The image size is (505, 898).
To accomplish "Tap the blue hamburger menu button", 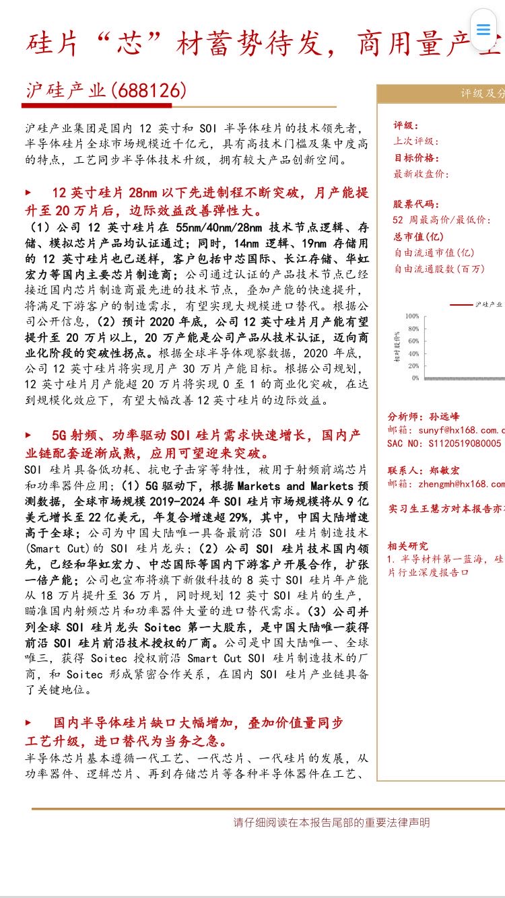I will click(x=483, y=30).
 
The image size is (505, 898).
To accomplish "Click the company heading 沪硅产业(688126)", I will click(x=106, y=91).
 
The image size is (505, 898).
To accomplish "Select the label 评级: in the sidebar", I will click(x=406, y=125).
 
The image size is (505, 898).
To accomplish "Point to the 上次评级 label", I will click(x=416, y=141).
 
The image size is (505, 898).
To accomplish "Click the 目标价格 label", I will click(x=416, y=158).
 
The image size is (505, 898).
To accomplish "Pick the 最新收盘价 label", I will click(x=421, y=174).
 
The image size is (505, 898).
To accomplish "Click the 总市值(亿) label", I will click(x=419, y=236).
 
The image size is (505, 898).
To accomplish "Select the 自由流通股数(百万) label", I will click(x=439, y=269).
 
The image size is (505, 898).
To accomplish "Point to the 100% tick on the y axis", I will click(x=412, y=316).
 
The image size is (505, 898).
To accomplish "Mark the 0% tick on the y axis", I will click(x=415, y=378).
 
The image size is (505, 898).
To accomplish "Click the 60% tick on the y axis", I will click(x=413, y=341).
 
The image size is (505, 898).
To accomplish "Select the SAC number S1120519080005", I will click(x=444, y=444).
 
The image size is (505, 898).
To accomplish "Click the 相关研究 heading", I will click(x=408, y=546).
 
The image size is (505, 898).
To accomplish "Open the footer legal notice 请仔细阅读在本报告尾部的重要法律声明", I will click(x=331, y=823).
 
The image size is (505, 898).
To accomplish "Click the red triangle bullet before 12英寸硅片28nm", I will click(x=28, y=193).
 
